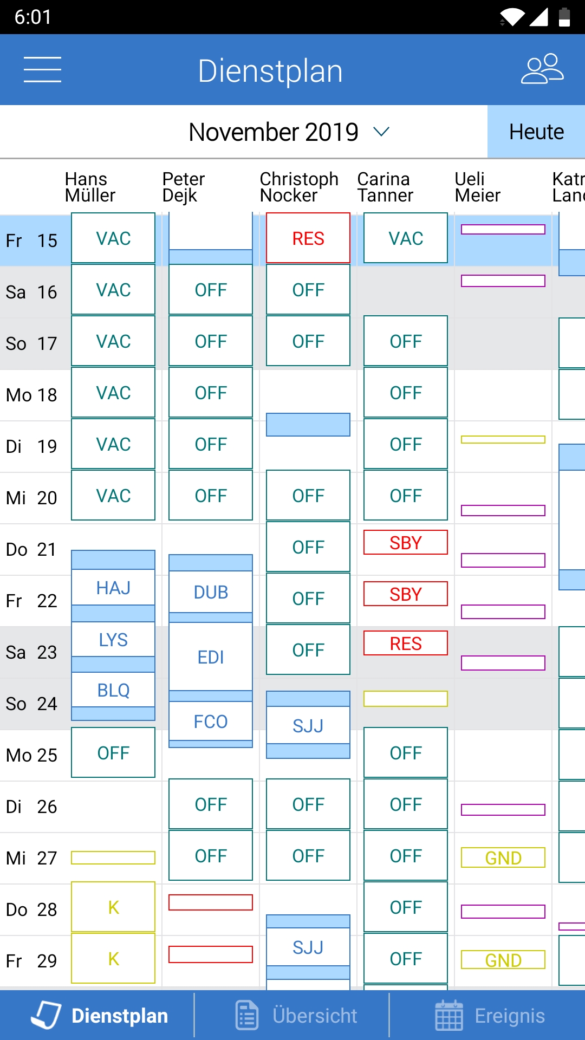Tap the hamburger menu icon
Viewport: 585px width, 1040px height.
click(42, 70)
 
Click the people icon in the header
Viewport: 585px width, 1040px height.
click(542, 69)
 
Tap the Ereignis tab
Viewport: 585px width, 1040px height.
click(490, 1016)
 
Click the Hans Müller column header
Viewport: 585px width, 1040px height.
click(90, 187)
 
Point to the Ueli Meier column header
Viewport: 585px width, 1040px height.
click(477, 187)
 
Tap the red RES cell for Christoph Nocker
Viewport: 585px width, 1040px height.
click(308, 238)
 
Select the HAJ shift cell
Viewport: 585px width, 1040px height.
click(113, 588)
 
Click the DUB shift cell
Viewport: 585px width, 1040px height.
click(211, 592)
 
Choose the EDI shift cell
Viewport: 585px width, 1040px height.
click(211, 657)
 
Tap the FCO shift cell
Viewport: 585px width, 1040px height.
click(211, 721)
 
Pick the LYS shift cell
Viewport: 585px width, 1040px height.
click(113, 640)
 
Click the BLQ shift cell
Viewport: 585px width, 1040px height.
click(113, 690)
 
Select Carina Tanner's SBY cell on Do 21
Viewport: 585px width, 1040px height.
click(406, 543)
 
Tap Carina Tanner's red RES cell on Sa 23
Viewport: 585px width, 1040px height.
click(406, 643)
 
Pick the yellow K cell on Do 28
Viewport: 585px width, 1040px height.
click(113, 907)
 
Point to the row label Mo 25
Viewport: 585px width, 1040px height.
click(31, 755)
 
